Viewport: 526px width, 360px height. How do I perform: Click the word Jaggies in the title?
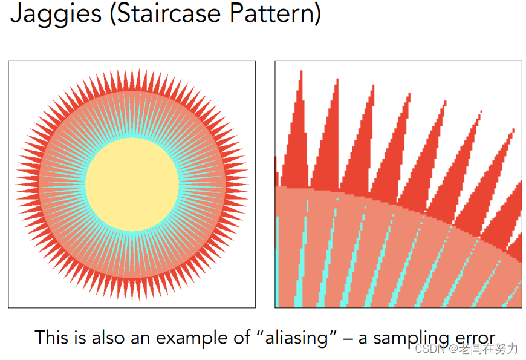(56, 14)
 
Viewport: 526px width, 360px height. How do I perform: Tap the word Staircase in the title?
(169, 13)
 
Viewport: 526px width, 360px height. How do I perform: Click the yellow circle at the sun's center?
(132, 185)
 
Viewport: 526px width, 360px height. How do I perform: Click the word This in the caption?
(51, 337)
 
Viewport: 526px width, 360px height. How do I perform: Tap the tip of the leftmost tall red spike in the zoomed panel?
(301, 71)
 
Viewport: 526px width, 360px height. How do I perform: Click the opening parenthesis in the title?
(113, 14)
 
